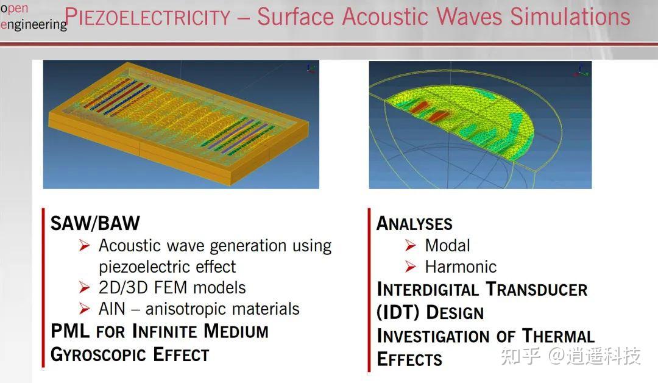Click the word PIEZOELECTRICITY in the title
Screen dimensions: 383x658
(x=148, y=17)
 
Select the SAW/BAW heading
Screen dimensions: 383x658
(x=95, y=223)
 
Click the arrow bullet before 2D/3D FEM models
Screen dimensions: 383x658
(x=85, y=287)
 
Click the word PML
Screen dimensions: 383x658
(x=71, y=332)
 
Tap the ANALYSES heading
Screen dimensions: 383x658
(x=415, y=223)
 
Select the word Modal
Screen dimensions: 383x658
(x=447, y=245)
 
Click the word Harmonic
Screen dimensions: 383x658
(x=461, y=267)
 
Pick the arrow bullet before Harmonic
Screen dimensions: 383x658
(x=411, y=267)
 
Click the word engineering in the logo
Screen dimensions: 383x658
(x=34, y=24)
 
